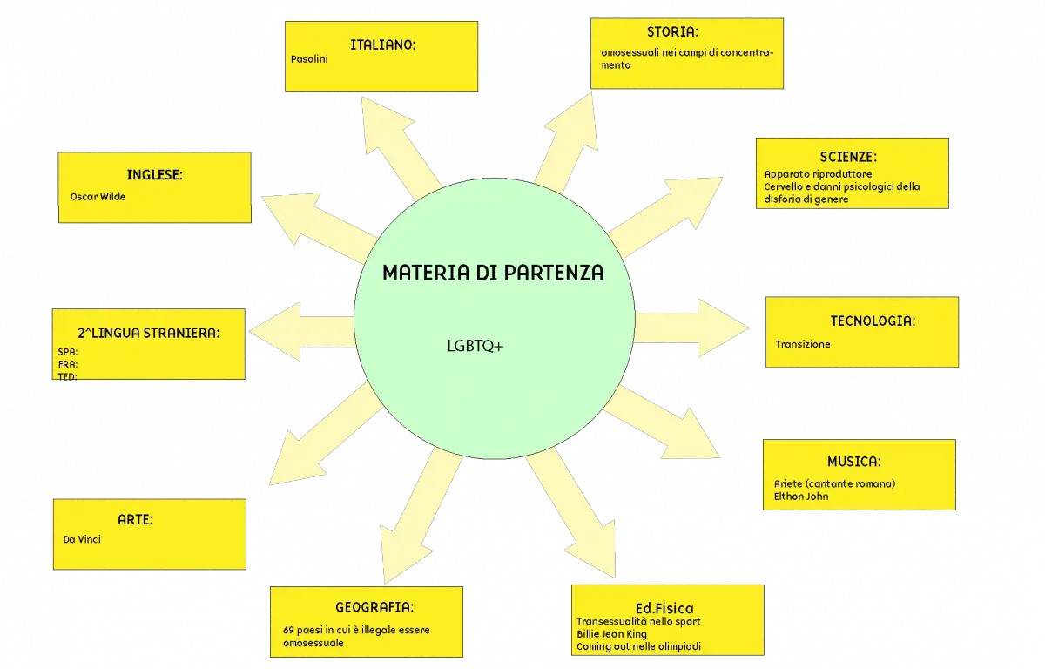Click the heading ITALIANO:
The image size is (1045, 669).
point(382,44)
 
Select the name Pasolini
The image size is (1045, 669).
point(309,59)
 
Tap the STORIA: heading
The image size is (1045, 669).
point(672,31)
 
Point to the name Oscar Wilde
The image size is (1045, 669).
point(98,197)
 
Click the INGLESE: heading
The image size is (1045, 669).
point(154,175)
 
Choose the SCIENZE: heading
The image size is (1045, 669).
point(848,157)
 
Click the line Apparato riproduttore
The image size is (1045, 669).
point(818,174)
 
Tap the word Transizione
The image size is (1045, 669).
point(802,344)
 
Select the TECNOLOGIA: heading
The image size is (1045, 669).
point(873,321)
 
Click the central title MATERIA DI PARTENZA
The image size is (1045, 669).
point(493,273)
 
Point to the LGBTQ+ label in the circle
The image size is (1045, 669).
point(475,346)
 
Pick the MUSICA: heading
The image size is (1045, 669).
point(853,462)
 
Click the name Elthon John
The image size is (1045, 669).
point(801,497)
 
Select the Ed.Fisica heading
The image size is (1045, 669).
point(664,608)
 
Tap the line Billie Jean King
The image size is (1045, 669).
point(611,634)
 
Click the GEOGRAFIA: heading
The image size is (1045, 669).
point(374,607)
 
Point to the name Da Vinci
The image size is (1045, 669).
point(82,540)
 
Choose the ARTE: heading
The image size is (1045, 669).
point(135,520)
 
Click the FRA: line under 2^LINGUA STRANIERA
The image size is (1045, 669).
point(68,364)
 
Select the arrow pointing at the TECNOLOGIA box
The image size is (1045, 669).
point(691,328)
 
